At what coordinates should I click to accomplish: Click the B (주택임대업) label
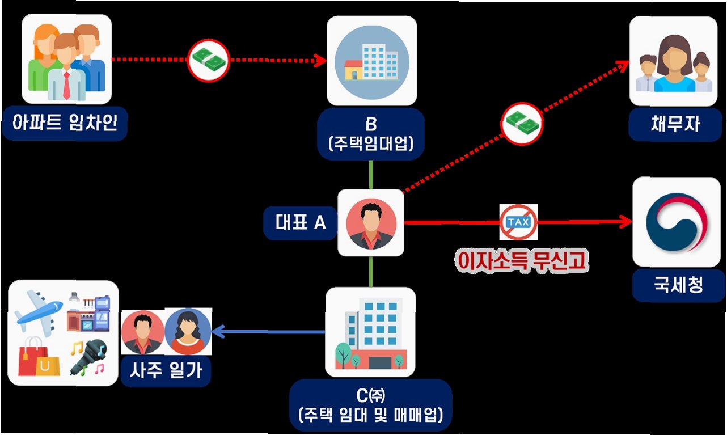point(371,133)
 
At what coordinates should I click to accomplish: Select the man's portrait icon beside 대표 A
point(371,223)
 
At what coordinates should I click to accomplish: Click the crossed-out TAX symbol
point(518,222)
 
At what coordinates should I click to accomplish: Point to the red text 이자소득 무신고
point(522,259)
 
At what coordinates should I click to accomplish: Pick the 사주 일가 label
point(166,371)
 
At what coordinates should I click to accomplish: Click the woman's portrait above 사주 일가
point(188,331)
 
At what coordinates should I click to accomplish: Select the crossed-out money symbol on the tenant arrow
point(209,58)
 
